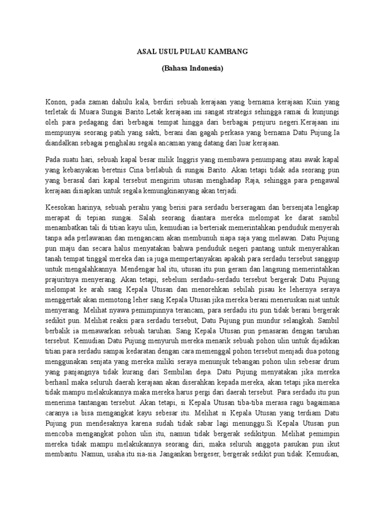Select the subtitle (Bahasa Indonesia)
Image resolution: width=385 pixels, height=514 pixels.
point(192,69)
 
